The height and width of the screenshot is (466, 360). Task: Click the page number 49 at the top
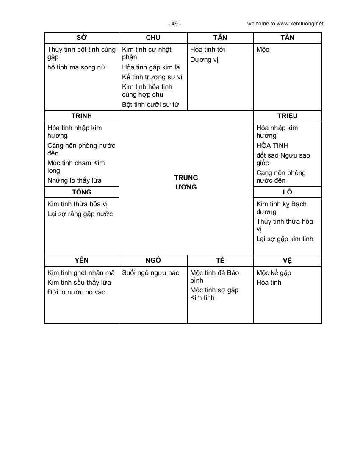tap(174, 24)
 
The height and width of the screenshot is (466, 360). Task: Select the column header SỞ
tap(81, 38)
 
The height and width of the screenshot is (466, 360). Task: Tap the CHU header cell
tap(153, 38)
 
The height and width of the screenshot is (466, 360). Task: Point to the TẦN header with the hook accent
tap(220, 38)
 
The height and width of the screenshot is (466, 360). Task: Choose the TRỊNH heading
tap(81, 116)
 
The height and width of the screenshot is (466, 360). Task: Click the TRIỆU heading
tap(287, 116)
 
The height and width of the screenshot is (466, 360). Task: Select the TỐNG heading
tap(81, 192)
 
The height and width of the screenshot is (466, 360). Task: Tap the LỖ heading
tap(287, 192)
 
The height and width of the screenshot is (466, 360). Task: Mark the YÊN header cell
tap(81, 261)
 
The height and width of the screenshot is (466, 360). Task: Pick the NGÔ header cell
tap(153, 261)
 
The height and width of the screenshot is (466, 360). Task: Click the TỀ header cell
tap(220, 261)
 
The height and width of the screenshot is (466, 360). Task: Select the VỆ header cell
tap(287, 261)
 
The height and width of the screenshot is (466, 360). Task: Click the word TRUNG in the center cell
tap(186, 178)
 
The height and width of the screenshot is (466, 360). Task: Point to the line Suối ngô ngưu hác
tap(150, 273)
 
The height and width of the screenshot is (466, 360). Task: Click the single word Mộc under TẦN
tap(263, 50)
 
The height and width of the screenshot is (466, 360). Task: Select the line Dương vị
tap(204, 60)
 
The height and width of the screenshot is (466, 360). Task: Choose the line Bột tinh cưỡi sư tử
tap(150, 104)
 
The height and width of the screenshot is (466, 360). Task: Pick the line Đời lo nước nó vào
tap(76, 292)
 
